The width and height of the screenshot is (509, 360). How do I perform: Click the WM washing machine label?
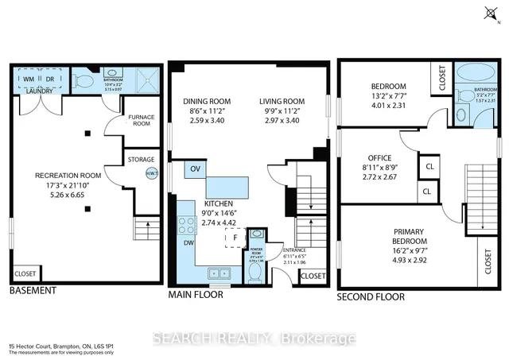click(x=27, y=79)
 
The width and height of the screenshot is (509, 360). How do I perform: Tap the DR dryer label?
click(x=48, y=79)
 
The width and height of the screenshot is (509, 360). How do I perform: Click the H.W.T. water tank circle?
click(x=151, y=172)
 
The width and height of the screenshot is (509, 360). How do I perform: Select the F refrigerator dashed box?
click(x=235, y=238)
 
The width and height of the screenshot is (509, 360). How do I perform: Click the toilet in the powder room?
click(x=254, y=273)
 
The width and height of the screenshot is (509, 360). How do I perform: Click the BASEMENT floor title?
click(x=33, y=291)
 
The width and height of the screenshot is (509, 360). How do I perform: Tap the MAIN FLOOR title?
click(x=196, y=295)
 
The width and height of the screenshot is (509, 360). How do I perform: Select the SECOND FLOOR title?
click(x=371, y=296)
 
